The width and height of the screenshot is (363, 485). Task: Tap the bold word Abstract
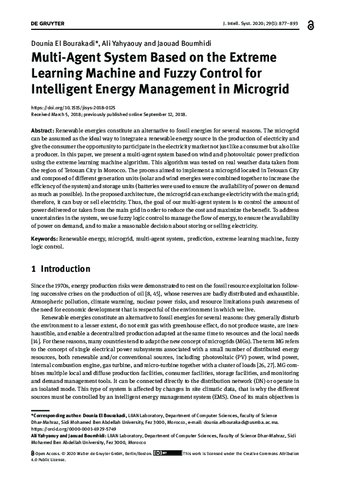42,131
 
